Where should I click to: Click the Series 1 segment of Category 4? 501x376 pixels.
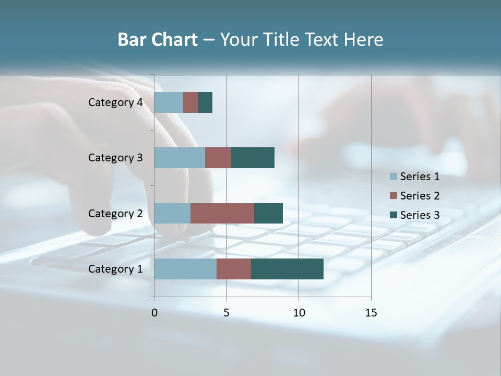[169, 102]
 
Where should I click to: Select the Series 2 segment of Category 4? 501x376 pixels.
[190, 102]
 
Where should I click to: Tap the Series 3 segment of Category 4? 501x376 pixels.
[205, 102]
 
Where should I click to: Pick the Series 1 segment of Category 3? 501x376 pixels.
[180, 158]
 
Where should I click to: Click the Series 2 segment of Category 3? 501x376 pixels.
[218, 158]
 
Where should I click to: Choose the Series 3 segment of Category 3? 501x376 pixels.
[253, 158]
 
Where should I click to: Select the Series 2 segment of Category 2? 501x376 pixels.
[222, 213]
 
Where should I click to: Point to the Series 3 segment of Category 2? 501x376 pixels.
[268, 213]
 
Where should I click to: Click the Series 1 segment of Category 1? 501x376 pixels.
[185, 269]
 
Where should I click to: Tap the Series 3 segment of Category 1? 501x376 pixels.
[287, 269]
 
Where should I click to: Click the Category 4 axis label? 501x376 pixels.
[115, 102]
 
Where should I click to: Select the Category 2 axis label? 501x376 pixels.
[115, 214]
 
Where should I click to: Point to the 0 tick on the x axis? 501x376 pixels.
[154, 313]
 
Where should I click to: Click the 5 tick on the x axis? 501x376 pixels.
[226, 313]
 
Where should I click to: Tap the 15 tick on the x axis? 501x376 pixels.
[371, 313]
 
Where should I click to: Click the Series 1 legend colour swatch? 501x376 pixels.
[393, 177]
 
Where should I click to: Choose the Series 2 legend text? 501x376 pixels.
[420, 196]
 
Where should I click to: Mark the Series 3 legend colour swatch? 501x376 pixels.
[393, 215]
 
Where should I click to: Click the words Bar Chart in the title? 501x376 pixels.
[158, 40]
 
